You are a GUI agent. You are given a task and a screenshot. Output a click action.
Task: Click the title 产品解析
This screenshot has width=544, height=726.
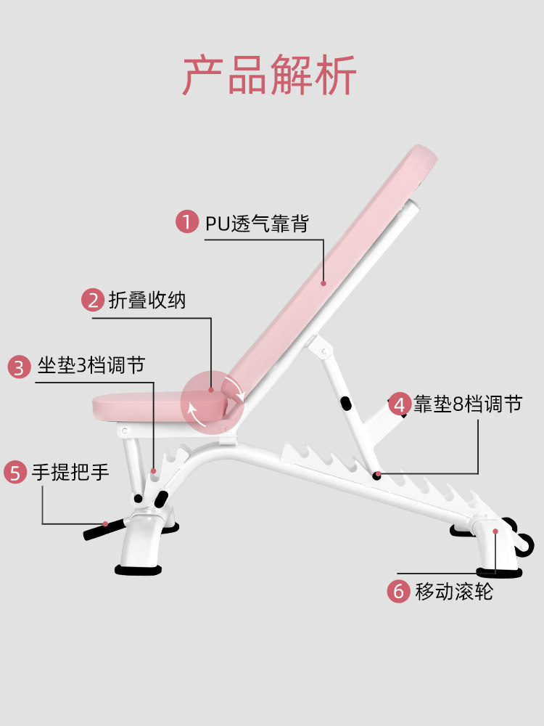click(x=269, y=75)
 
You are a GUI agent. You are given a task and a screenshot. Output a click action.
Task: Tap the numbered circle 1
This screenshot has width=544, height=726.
click(x=187, y=221)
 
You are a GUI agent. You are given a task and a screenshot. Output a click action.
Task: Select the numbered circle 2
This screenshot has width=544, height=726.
click(x=93, y=300)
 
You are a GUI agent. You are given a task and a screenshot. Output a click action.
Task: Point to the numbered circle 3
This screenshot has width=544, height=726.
click(x=19, y=367)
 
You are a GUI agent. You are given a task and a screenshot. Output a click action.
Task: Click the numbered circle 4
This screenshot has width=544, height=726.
click(x=400, y=404)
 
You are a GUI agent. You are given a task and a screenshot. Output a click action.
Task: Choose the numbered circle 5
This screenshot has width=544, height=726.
click(x=15, y=473)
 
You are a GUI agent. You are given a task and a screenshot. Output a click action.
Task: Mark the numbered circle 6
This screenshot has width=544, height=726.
click(x=398, y=591)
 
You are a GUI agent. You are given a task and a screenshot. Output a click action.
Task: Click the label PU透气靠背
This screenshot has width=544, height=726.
click(x=257, y=223)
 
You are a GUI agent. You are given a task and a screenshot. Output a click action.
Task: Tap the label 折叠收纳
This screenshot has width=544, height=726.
click(x=147, y=300)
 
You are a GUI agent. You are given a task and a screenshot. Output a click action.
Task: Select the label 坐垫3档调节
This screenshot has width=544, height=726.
click(x=91, y=365)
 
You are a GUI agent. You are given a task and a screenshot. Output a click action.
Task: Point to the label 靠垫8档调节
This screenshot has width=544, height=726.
click(x=468, y=404)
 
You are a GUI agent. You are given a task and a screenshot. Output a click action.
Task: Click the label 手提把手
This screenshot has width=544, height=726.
click(x=70, y=473)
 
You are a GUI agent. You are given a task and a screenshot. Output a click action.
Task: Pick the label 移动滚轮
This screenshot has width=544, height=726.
click(x=454, y=592)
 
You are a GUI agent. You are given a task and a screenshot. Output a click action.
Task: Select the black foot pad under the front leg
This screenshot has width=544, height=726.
click(x=139, y=569)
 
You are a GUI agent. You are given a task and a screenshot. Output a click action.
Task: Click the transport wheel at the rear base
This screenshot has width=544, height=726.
click(x=525, y=544)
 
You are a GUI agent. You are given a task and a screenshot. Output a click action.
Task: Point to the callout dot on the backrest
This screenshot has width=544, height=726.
click(x=323, y=283)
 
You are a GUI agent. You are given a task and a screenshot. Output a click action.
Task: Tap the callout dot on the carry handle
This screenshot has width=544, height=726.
click(x=105, y=524)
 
